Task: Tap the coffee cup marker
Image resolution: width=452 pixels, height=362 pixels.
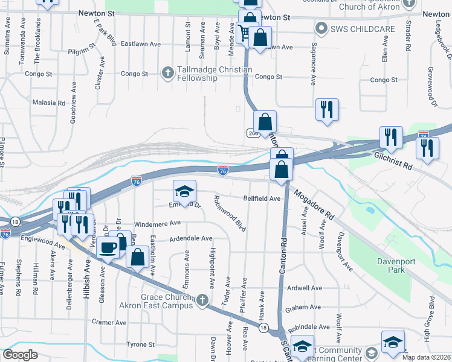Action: (109, 246)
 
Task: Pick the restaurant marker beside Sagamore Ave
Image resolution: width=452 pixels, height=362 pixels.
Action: (327, 109)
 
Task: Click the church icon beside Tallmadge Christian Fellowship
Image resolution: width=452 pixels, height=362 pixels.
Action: (169, 72)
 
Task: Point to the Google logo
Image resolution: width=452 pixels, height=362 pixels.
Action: (21, 355)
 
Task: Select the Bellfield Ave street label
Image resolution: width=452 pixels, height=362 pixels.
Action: (262, 198)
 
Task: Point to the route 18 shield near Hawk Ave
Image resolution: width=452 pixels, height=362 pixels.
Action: (263, 328)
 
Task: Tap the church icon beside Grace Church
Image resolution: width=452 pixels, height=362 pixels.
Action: (202, 300)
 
